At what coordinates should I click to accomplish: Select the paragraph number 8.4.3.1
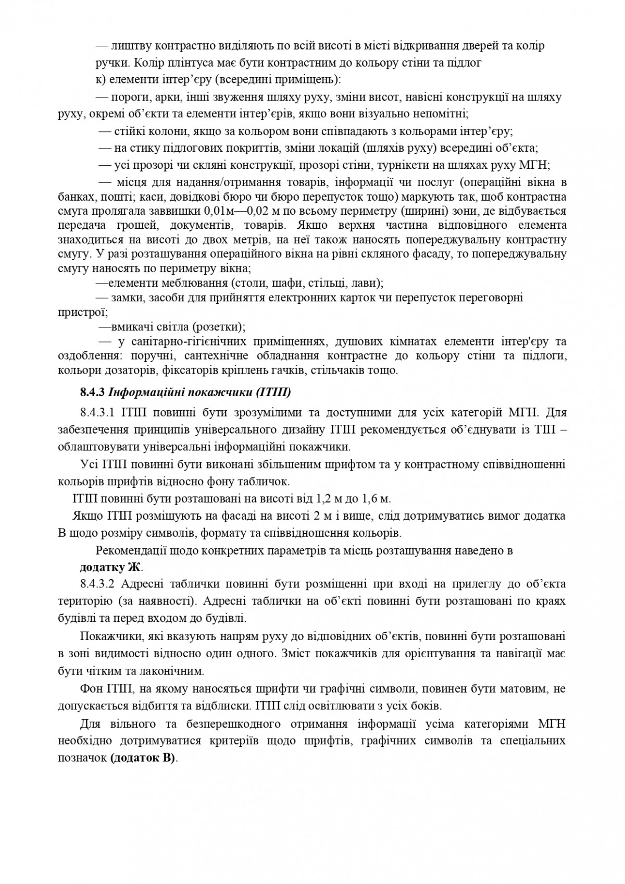(100, 413)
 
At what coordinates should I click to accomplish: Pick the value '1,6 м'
(376, 499)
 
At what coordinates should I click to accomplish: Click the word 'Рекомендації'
(131, 551)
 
